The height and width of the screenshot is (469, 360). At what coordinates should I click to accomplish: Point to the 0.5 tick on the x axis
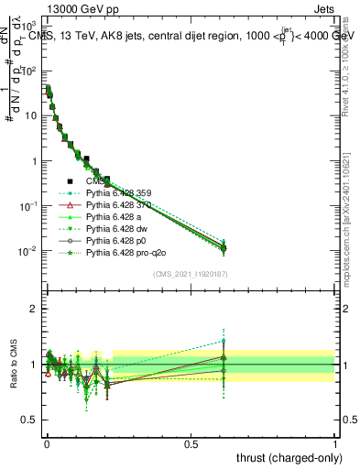pyautogui.click(x=191, y=442)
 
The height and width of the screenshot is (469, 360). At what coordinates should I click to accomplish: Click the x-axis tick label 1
pyautogui.click(x=335, y=442)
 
